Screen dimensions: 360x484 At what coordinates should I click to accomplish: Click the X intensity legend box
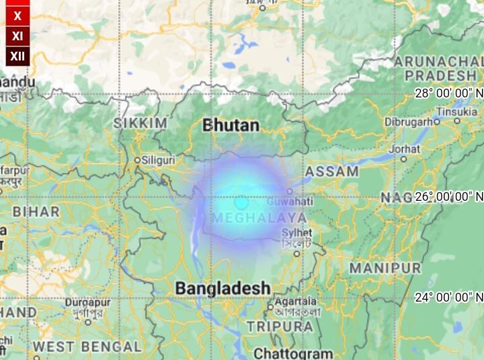(x=17, y=15)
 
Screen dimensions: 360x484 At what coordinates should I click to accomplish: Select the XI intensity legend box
(x=17, y=36)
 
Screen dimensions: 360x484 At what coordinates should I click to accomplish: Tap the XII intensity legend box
(x=17, y=56)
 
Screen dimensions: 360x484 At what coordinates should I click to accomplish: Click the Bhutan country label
(x=231, y=125)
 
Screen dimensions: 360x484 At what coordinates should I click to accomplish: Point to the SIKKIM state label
(x=140, y=123)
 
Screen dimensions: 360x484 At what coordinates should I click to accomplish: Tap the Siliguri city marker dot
(x=137, y=161)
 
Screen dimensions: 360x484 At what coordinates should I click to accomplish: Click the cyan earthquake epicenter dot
(x=241, y=201)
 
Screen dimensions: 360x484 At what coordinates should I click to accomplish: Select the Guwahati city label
(x=290, y=201)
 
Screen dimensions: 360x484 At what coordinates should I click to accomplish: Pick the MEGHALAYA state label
(x=259, y=218)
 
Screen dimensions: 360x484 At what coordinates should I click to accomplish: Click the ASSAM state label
(x=332, y=171)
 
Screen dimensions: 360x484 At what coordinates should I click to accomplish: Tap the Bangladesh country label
(x=223, y=288)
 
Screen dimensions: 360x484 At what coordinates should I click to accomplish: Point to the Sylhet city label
(x=297, y=232)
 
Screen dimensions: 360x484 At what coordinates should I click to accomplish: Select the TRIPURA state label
(x=280, y=326)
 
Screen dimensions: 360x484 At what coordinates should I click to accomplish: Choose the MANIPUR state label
(x=385, y=267)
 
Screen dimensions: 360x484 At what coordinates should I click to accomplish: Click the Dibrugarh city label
(x=408, y=122)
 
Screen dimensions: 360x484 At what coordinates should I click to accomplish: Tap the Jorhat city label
(x=405, y=148)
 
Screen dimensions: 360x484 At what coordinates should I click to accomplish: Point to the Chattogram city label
(x=293, y=353)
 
